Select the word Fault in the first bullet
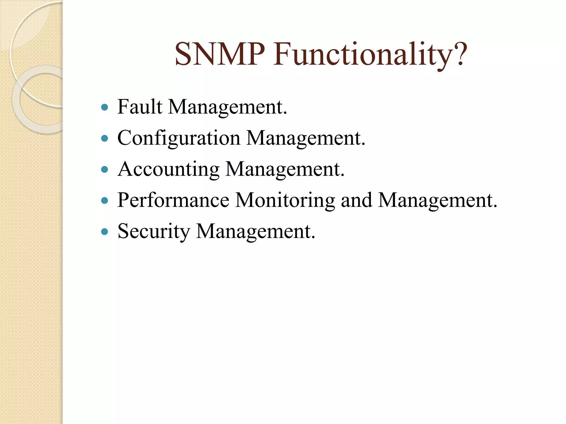140,107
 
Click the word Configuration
179,138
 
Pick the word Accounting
169,169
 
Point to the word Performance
173,200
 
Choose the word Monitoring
285,200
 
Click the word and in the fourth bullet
357,200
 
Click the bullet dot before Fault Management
104,107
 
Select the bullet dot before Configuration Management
104,138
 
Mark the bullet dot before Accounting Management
104,169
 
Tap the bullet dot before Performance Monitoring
104,200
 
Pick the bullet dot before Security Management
104,231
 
